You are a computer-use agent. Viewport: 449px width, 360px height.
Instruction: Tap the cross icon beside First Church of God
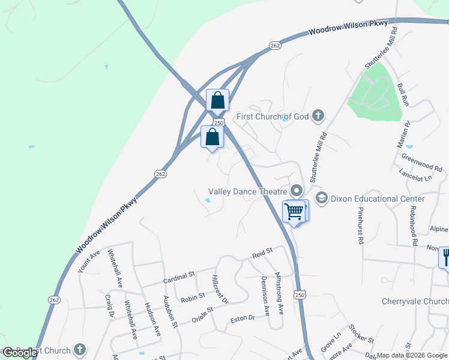click(319, 116)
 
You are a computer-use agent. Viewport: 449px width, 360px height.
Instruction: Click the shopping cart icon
click(294, 211)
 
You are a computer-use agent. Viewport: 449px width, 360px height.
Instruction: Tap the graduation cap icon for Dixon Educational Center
click(322, 198)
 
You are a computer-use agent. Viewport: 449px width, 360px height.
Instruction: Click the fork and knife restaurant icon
click(445, 257)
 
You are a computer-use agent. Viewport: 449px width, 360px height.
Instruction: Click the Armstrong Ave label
click(279, 293)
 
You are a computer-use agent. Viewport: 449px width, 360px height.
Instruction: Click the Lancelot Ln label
click(415, 178)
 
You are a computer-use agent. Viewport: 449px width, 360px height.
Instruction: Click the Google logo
click(20, 353)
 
